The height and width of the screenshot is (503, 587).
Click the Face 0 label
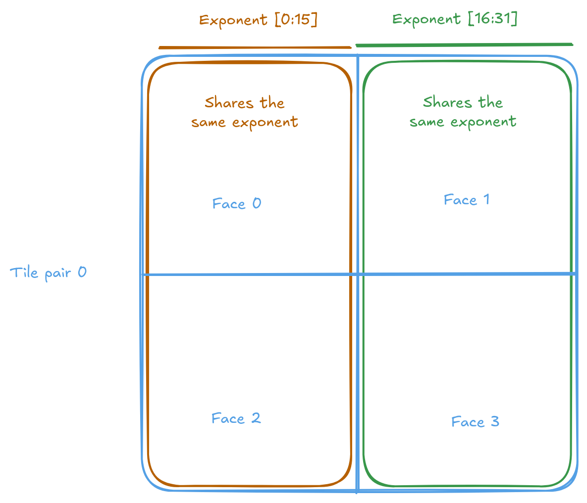tap(236, 204)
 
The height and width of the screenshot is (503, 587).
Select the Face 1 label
tap(466, 200)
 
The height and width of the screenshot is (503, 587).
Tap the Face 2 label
tap(236, 418)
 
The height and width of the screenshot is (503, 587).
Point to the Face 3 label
tap(475, 421)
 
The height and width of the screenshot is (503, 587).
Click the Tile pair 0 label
tap(48, 273)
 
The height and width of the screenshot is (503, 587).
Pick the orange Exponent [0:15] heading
tap(258, 20)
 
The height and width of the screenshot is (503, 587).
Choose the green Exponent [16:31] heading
tap(454, 19)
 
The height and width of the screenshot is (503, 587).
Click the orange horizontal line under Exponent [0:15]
tap(255, 48)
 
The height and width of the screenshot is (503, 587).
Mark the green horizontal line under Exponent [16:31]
tap(464, 45)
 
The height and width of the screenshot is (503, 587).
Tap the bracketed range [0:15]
tap(295, 20)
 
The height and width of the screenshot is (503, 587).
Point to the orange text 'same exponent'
tap(245, 122)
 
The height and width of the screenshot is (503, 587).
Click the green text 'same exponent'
tap(463, 122)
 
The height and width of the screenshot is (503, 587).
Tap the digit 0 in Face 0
tap(256, 204)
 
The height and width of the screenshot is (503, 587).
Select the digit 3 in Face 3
tap(494, 421)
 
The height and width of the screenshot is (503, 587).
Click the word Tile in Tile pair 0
tap(24, 273)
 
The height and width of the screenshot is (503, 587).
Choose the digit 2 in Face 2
tap(256, 418)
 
